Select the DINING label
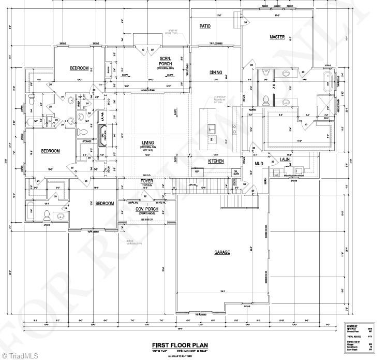pyautogui.click(x=216, y=73)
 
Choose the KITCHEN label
pyautogui.click(x=216, y=161)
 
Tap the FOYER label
pyautogui.click(x=147, y=182)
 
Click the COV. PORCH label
pyautogui.click(x=146, y=209)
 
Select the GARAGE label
pyautogui.click(x=222, y=252)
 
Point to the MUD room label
pyautogui.click(x=258, y=164)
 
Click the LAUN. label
pyautogui.click(x=284, y=160)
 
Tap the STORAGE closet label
pyautogui.click(x=86, y=141)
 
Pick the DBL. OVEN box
pyautogui.click(x=235, y=172)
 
